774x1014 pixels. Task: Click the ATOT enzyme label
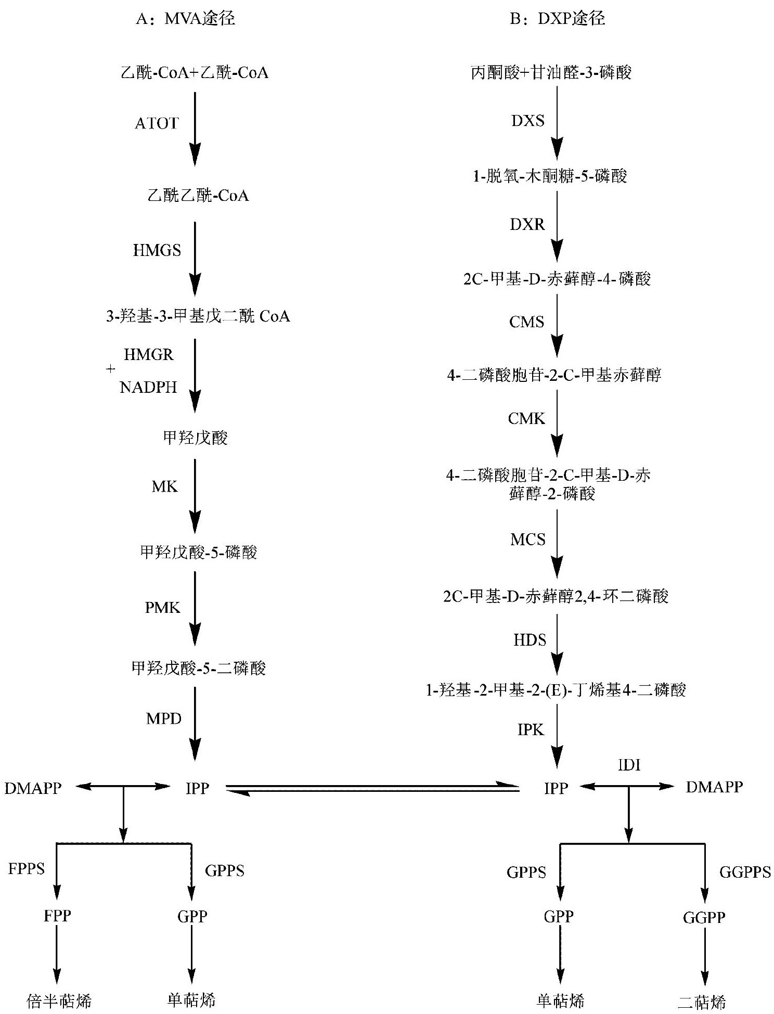(x=157, y=123)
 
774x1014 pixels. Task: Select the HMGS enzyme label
(x=157, y=250)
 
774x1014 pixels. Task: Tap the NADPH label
(x=149, y=387)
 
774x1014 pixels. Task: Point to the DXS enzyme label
(x=528, y=121)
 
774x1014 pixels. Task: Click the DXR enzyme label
(x=527, y=224)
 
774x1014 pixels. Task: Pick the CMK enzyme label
(x=526, y=418)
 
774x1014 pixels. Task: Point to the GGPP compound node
(x=704, y=917)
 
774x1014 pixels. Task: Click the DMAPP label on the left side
(x=33, y=788)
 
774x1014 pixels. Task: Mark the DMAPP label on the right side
(x=714, y=787)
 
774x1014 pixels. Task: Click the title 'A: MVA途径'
(x=186, y=19)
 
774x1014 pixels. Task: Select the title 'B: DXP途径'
(x=558, y=19)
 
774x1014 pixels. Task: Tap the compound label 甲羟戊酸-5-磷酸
(x=199, y=552)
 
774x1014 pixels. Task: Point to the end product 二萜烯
(x=702, y=1002)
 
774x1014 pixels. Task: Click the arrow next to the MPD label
(x=195, y=723)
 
